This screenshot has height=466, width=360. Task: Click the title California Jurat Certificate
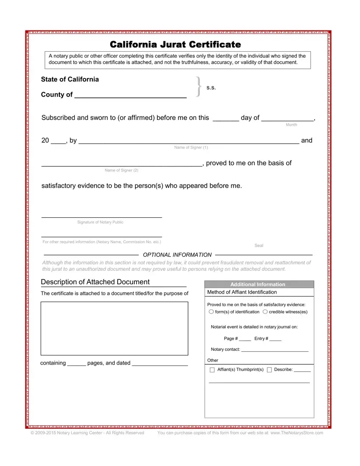[175, 44]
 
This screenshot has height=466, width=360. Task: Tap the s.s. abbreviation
[211, 88]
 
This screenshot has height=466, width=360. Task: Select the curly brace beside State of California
[198, 87]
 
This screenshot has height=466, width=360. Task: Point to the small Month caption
[291, 125]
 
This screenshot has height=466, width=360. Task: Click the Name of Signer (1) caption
[191, 147]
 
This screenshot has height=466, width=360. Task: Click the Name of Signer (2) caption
[122, 170]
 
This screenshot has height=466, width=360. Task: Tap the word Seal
[259, 246]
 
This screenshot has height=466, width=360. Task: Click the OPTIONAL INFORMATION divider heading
[177, 255]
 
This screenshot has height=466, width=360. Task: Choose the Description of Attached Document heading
[95, 282]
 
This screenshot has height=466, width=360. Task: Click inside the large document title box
[114, 328]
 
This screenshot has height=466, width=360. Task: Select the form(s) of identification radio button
[211, 312]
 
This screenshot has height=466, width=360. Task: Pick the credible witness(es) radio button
[265, 312]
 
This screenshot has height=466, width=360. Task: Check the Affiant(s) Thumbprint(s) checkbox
[212, 370]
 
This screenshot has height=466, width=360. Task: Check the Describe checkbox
[269, 370]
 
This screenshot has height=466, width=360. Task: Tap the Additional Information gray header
[259, 284]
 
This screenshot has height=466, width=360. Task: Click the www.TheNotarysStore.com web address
[296, 433]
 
